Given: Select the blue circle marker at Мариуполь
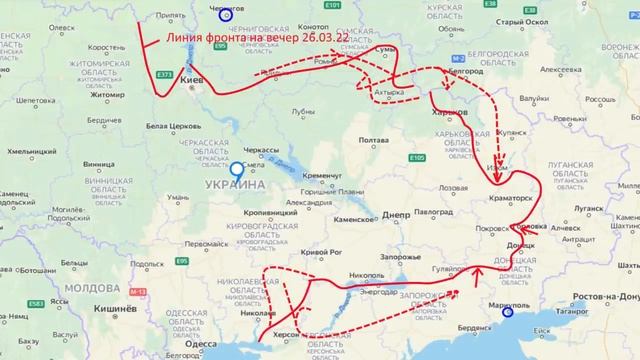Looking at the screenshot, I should [x=508, y=312].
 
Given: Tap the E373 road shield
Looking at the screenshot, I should [x=165, y=74].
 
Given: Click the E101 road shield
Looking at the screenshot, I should [x=333, y=7].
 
